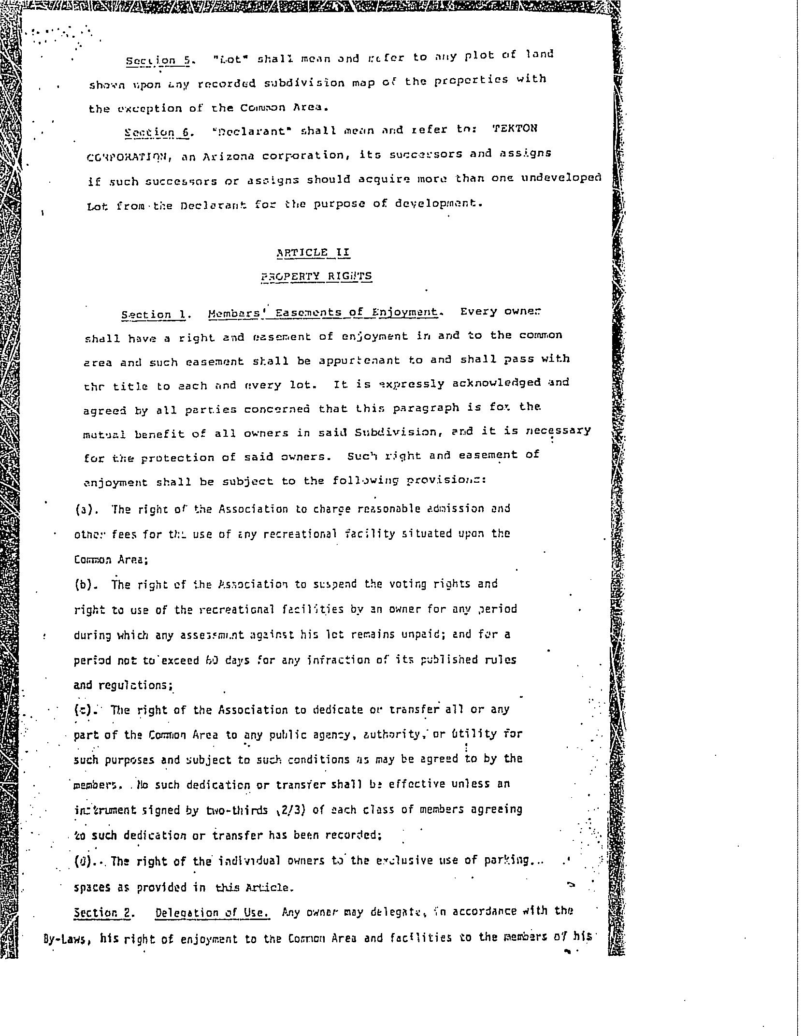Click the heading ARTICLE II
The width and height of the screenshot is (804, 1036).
click(x=313, y=253)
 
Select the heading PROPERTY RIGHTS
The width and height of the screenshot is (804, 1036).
click(x=316, y=276)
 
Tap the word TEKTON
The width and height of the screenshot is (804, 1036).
click(x=515, y=129)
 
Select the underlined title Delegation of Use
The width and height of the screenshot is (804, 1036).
click(x=212, y=913)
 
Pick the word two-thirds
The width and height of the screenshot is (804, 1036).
click(x=236, y=810)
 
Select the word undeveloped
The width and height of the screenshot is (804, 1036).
click(x=561, y=178)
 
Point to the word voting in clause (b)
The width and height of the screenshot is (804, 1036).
click(x=406, y=584)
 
